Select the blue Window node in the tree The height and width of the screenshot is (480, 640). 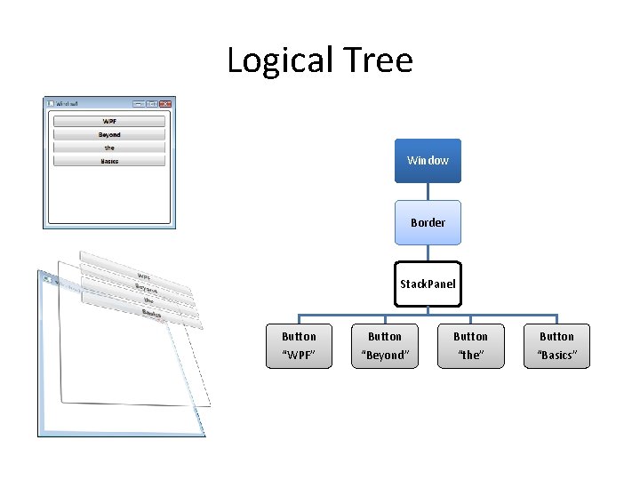coord(428,160)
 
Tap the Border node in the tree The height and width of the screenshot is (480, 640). coord(428,222)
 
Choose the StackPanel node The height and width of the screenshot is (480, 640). coord(428,284)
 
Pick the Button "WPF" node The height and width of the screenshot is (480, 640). coord(299,346)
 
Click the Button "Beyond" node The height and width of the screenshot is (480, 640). coord(385,346)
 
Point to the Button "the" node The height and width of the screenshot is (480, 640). coord(470,346)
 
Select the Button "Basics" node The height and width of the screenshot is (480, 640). coord(556,346)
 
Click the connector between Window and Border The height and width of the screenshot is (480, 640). coord(428,191)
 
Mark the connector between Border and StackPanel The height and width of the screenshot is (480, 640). coord(428,252)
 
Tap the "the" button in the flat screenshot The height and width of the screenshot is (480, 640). coord(109,148)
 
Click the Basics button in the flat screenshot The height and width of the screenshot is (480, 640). coord(109,161)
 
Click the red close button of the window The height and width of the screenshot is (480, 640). coord(165,103)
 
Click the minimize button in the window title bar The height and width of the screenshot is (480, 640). coord(140,103)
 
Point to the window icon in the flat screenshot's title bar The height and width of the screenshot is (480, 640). coord(51,103)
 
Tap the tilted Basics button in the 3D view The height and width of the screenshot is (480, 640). coord(151,315)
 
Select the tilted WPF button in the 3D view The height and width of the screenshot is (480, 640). coord(142,273)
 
